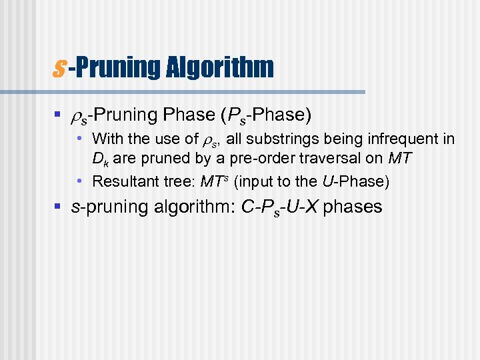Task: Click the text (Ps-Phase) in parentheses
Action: [x=265, y=115]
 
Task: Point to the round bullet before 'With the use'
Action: [x=80, y=139]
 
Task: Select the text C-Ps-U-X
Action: [x=280, y=207]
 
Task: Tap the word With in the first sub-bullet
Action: [x=107, y=139]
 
